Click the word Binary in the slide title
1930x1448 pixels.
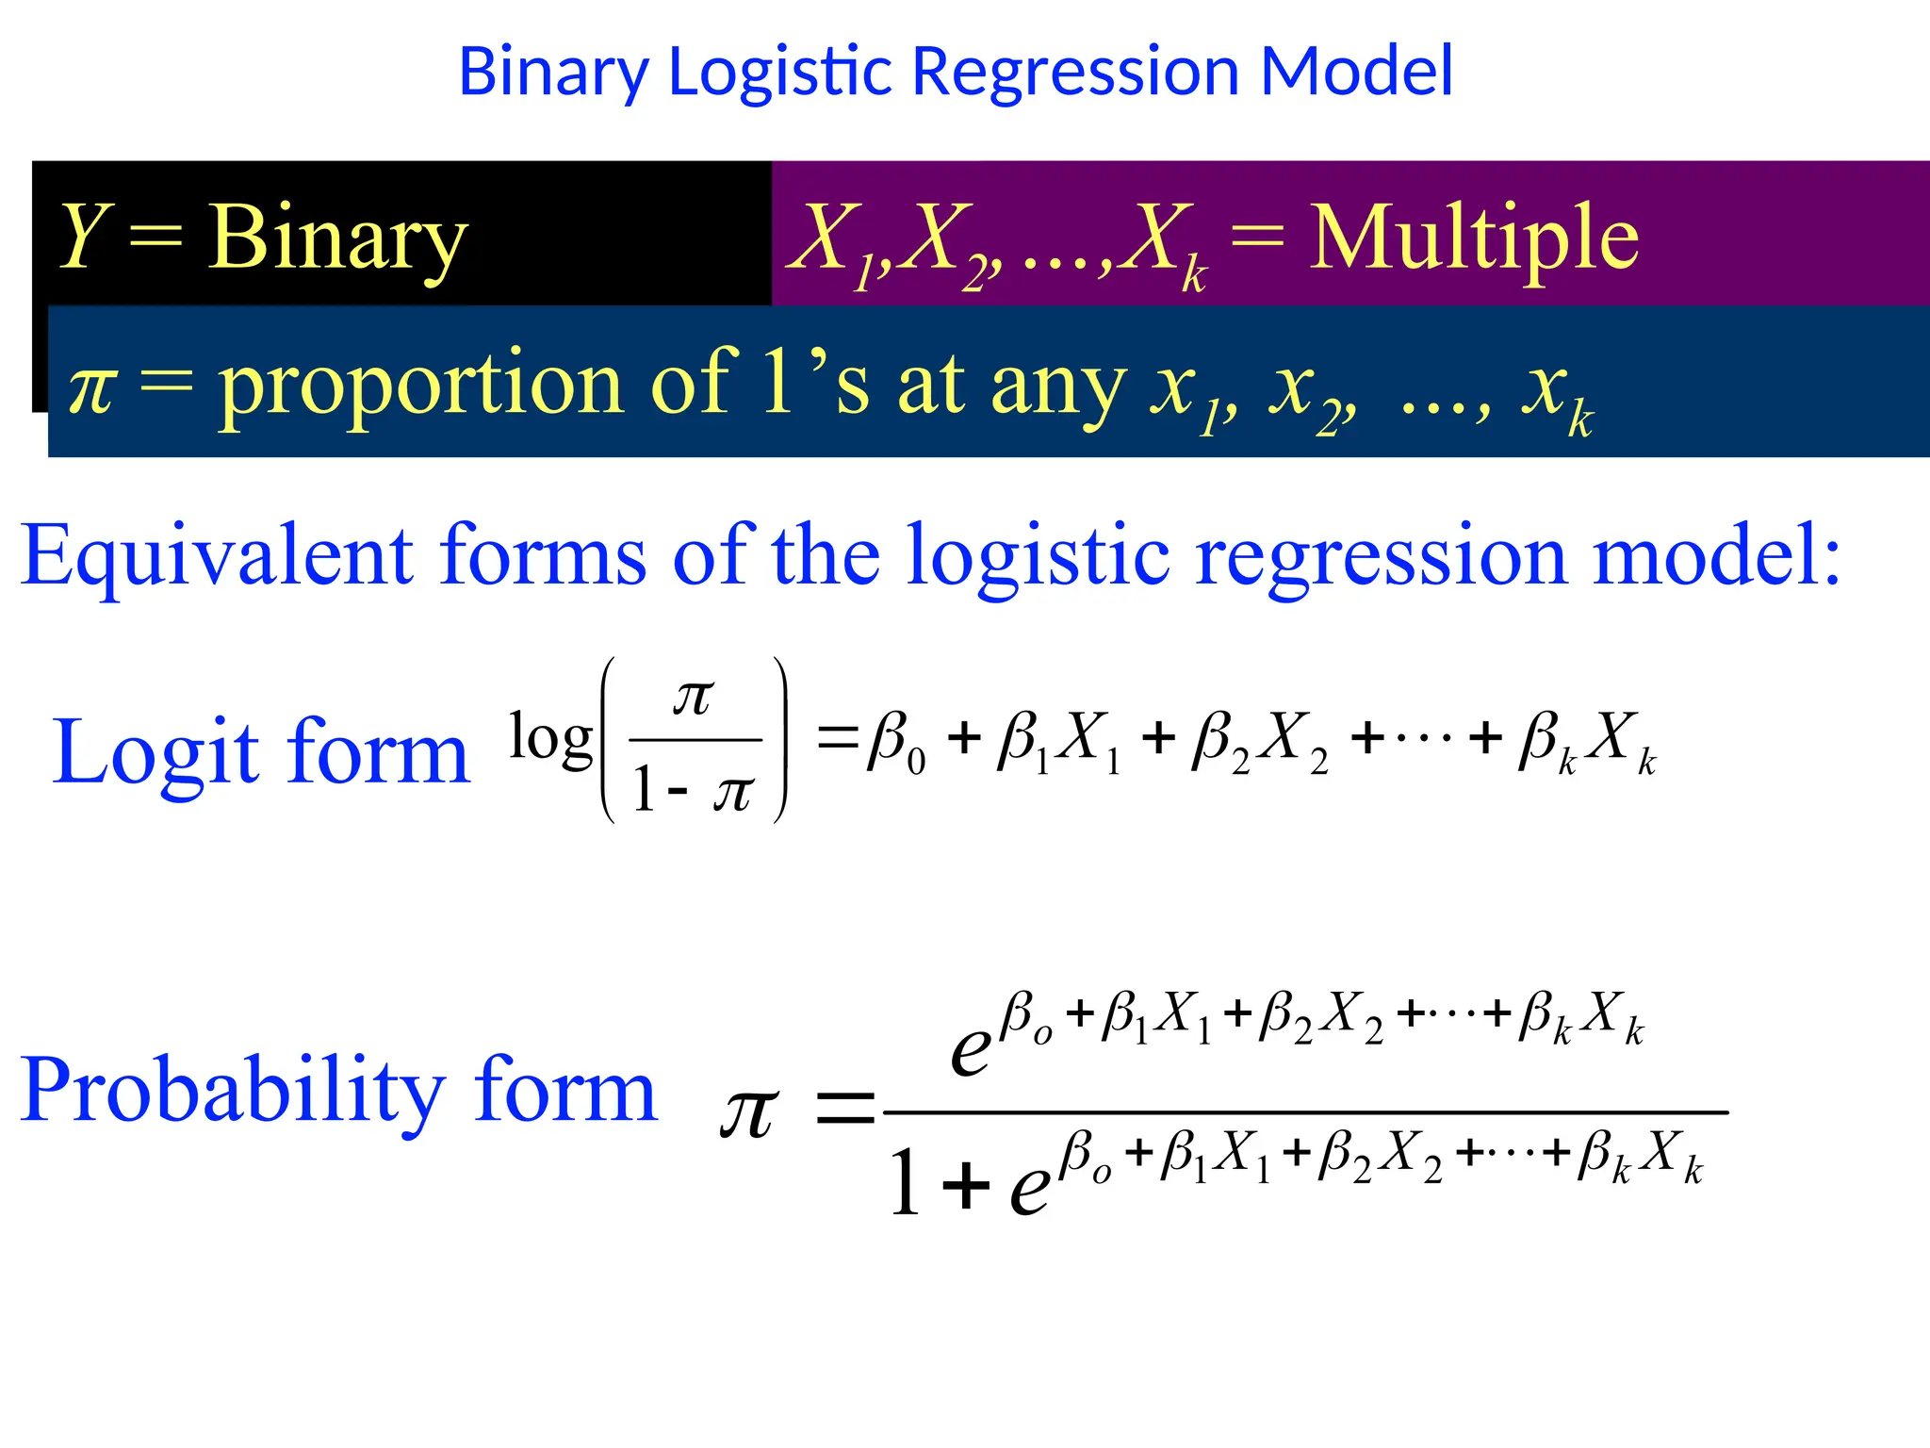(x=554, y=72)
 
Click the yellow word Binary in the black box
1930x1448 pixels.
(x=337, y=238)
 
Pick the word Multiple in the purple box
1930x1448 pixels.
(x=1474, y=238)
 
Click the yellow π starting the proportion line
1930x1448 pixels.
(x=92, y=387)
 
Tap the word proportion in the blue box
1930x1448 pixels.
(x=420, y=387)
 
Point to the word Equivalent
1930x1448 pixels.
(x=217, y=556)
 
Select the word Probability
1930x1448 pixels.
(x=232, y=1090)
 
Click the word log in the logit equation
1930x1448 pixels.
(x=550, y=737)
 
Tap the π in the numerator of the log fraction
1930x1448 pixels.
(x=693, y=698)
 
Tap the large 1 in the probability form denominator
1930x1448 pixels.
(x=905, y=1182)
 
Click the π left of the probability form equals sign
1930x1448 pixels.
(x=749, y=1112)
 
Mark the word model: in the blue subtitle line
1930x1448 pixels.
(x=1715, y=556)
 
